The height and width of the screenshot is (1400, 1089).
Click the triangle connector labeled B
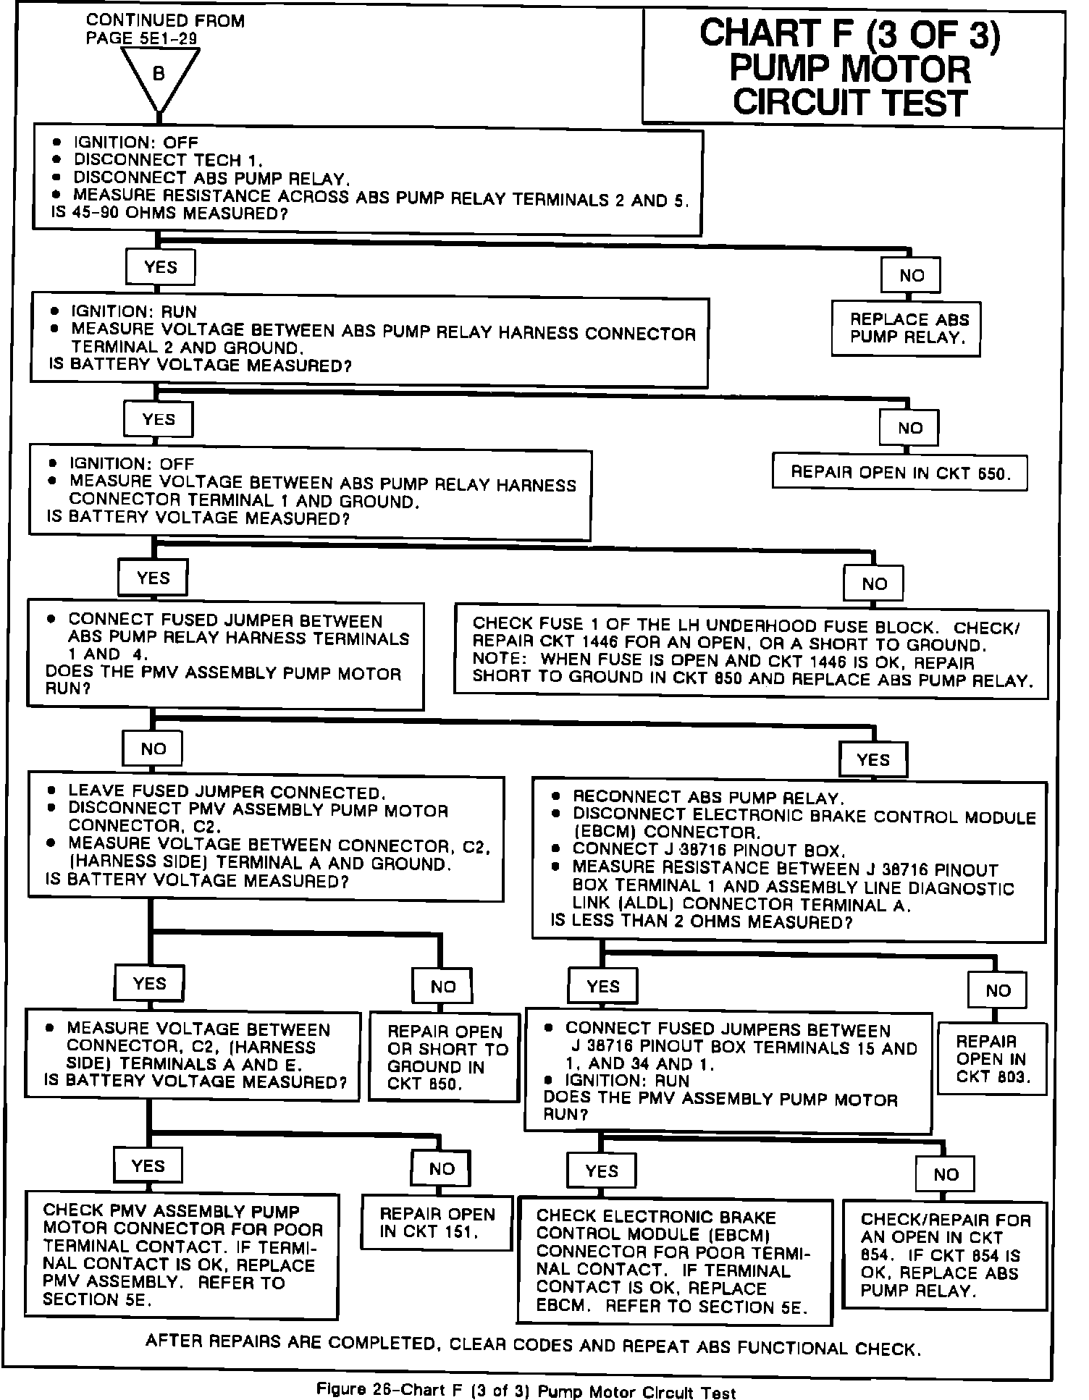pos(159,76)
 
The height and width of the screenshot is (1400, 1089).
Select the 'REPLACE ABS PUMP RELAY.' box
pos(906,329)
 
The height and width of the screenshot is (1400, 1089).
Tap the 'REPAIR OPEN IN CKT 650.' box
pos(900,473)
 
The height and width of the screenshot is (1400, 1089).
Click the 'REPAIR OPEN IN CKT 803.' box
pos(991,1058)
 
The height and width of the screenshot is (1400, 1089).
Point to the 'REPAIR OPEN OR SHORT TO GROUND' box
pos(444,1057)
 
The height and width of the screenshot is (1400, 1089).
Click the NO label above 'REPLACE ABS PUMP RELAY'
pos(911,275)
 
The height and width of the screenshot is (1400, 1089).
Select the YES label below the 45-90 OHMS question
pos(160,267)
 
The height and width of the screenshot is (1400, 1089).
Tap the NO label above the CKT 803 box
pos(998,990)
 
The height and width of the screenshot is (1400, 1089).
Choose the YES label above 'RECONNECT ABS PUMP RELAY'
pos(873,759)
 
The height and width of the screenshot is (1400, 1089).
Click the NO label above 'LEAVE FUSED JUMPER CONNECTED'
pos(153,749)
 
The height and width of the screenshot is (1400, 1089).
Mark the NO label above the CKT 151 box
pos(442,1168)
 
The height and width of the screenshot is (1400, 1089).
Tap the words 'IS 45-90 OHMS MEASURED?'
pos(169,214)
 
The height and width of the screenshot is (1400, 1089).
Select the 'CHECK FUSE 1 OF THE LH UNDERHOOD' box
pos(751,652)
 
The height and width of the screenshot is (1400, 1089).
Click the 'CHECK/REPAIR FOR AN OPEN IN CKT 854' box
pos(944,1254)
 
